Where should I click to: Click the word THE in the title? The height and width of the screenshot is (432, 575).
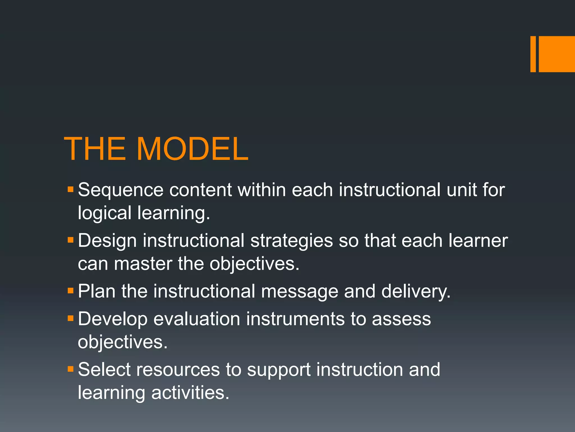[x=95, y=149]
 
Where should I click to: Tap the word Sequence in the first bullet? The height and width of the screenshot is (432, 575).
[x=120, y=190]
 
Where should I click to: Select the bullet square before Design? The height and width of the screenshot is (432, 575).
[x=70, y=240]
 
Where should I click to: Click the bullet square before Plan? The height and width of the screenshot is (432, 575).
[x=70, y=290]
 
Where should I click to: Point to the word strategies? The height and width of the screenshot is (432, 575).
[x=291, y=241]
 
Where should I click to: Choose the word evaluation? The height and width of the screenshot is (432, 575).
[x=197, y=319]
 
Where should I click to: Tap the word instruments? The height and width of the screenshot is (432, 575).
[x=295, y=319]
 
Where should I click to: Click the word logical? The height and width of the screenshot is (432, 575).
[x=104, y=213]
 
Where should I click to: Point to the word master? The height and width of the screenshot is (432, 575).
[x=143, y=264]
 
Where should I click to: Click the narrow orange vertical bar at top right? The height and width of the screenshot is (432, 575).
[x=533, y=54]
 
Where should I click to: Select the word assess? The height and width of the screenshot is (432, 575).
[x=401, y=319]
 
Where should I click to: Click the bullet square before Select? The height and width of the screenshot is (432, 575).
[x=70, y=369]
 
